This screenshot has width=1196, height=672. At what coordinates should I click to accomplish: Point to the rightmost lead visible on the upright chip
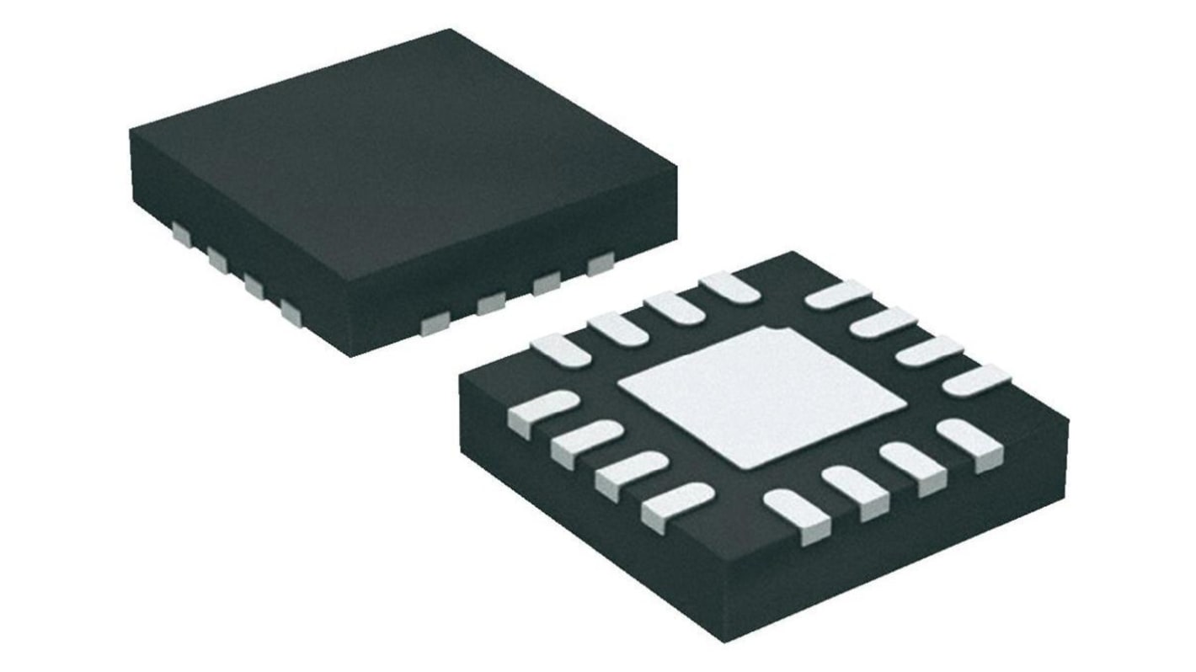coord(600,264)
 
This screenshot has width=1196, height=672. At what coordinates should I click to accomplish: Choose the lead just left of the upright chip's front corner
coord(291,312)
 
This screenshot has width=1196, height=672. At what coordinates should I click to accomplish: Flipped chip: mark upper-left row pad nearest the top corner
coord(729,286)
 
